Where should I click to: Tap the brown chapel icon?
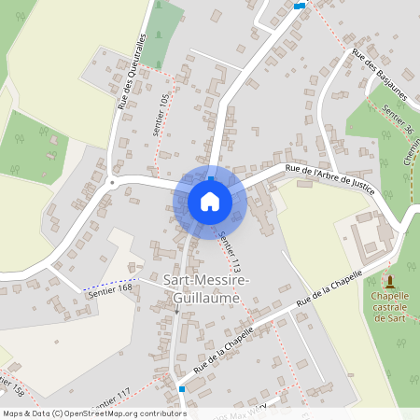(389, 280)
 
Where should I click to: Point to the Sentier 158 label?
(11, 385)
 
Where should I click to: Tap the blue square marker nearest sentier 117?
(182, 387)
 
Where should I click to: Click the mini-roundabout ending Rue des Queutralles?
(112, 182)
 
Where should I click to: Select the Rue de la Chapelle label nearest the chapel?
(328, 294)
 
